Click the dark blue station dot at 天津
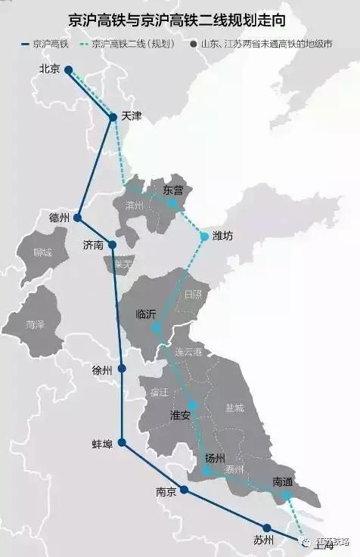[113, 117]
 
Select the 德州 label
[59, 218]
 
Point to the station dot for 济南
[113, 244]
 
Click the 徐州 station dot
[121, 370]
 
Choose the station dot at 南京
[184, 490]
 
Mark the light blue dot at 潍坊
[204, 237]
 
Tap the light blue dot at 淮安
[194, 406]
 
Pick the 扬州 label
[215, 459]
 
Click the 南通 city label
[284, 481]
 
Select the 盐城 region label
[234, 408]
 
